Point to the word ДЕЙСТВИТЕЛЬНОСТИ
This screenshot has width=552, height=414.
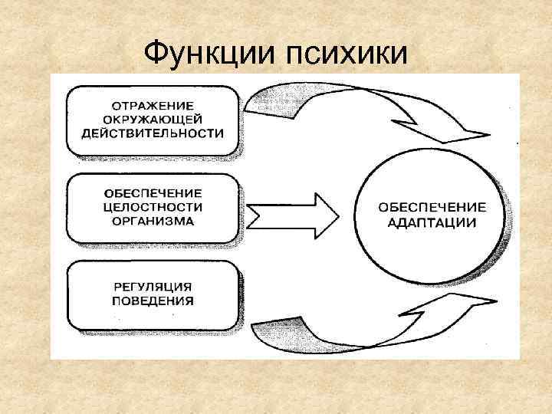click(153, 132)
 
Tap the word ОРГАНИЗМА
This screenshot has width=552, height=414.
click(152, 221)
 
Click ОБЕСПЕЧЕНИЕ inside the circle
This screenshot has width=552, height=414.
click(432, 207)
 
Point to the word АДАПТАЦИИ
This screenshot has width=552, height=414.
click(432, 222)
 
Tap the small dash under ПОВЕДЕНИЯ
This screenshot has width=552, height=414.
click(173, 315)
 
